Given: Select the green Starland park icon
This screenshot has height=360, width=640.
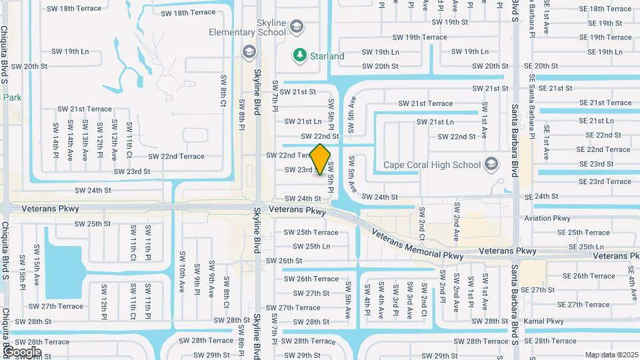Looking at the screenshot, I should [300, 55].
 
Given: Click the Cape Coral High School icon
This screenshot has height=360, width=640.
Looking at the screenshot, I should [491, 164].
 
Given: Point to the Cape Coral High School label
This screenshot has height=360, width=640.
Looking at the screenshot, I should [431, 165].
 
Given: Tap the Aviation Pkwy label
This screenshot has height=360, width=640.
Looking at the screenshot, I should [547, 218].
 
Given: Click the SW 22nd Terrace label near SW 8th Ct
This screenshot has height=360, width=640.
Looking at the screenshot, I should [176, 157].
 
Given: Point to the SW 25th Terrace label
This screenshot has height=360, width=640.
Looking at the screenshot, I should [311, 233].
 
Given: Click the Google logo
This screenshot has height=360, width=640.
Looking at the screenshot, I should [22, 352].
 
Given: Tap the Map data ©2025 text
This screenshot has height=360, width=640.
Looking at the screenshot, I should [611, 355].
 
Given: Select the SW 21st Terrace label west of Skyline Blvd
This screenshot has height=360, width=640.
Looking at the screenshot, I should [85, 109].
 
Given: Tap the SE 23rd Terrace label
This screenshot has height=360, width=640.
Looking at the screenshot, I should [605, 181].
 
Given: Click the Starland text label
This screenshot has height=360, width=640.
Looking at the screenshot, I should [327, 56].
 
